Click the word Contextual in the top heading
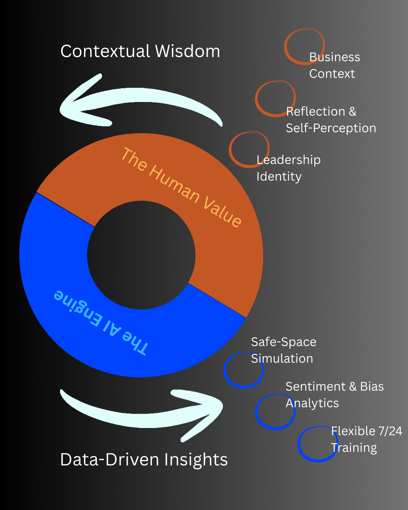pos(105,51)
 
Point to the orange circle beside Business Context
pos(304,46)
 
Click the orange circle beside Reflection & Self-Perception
pos(275,98)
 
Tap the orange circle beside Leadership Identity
pos(249,149)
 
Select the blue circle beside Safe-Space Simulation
pos(244,370)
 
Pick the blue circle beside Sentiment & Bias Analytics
pos(275,412)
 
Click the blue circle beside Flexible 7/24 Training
pos(317,444)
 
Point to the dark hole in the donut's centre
pos(141,255)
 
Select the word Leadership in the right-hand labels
pos(288,160)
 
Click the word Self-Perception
pos(331,128)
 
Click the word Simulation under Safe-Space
pos(282,359)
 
